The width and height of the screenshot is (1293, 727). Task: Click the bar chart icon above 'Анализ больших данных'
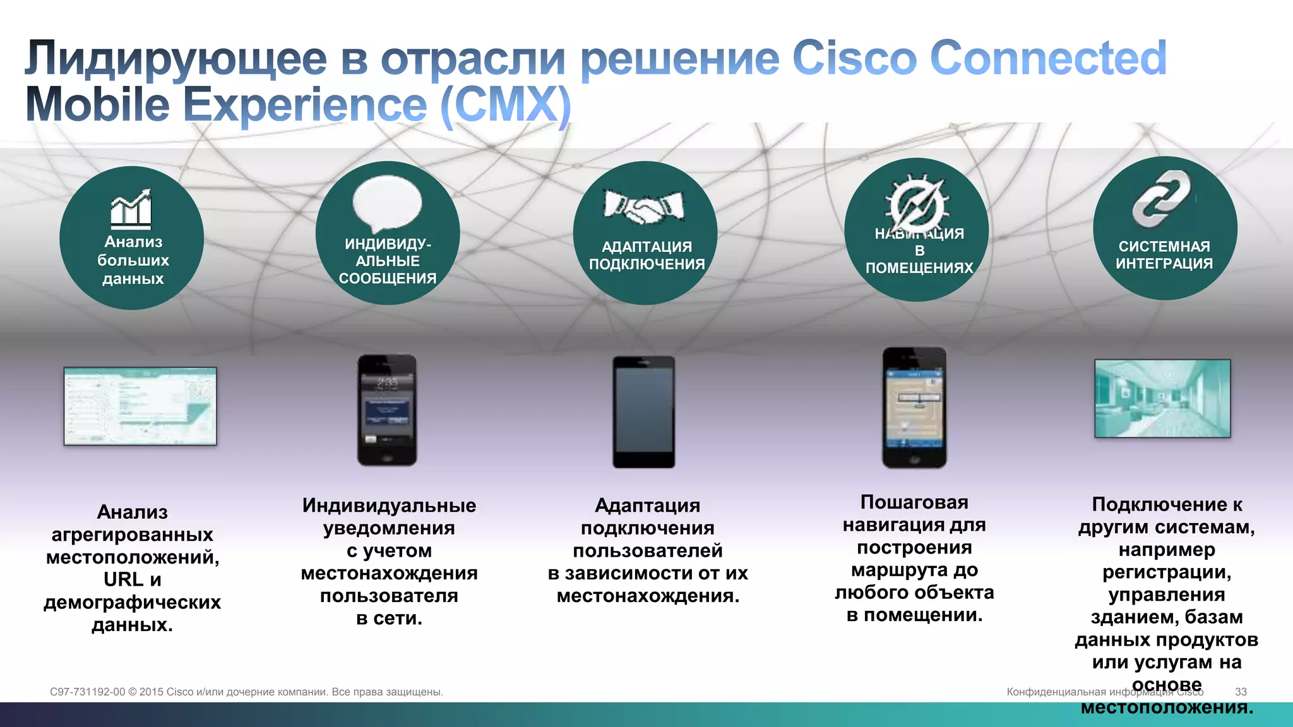131,208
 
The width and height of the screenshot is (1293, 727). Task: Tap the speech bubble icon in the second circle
387,204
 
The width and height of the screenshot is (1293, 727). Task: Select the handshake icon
644,206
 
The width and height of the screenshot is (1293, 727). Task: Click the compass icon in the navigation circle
917,203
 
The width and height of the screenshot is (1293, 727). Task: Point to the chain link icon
1162,199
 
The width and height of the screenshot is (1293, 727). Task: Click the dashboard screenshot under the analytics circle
140,406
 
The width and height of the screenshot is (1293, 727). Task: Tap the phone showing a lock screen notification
387,410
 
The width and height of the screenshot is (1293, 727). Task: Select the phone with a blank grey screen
644,411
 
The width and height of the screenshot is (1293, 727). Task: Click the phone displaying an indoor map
914,408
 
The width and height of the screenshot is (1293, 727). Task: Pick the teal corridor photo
1162,398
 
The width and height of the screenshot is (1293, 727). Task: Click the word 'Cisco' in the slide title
854,58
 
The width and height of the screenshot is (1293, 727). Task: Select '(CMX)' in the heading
506,105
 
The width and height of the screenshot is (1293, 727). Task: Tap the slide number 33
1241,692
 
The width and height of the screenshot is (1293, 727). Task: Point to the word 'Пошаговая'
914,502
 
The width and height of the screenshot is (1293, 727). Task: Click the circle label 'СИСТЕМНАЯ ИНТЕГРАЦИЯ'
1164,255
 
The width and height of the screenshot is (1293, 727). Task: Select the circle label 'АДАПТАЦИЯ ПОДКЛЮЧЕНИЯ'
646,256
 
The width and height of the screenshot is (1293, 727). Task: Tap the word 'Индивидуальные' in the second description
389,505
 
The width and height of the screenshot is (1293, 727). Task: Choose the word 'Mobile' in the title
97,105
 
